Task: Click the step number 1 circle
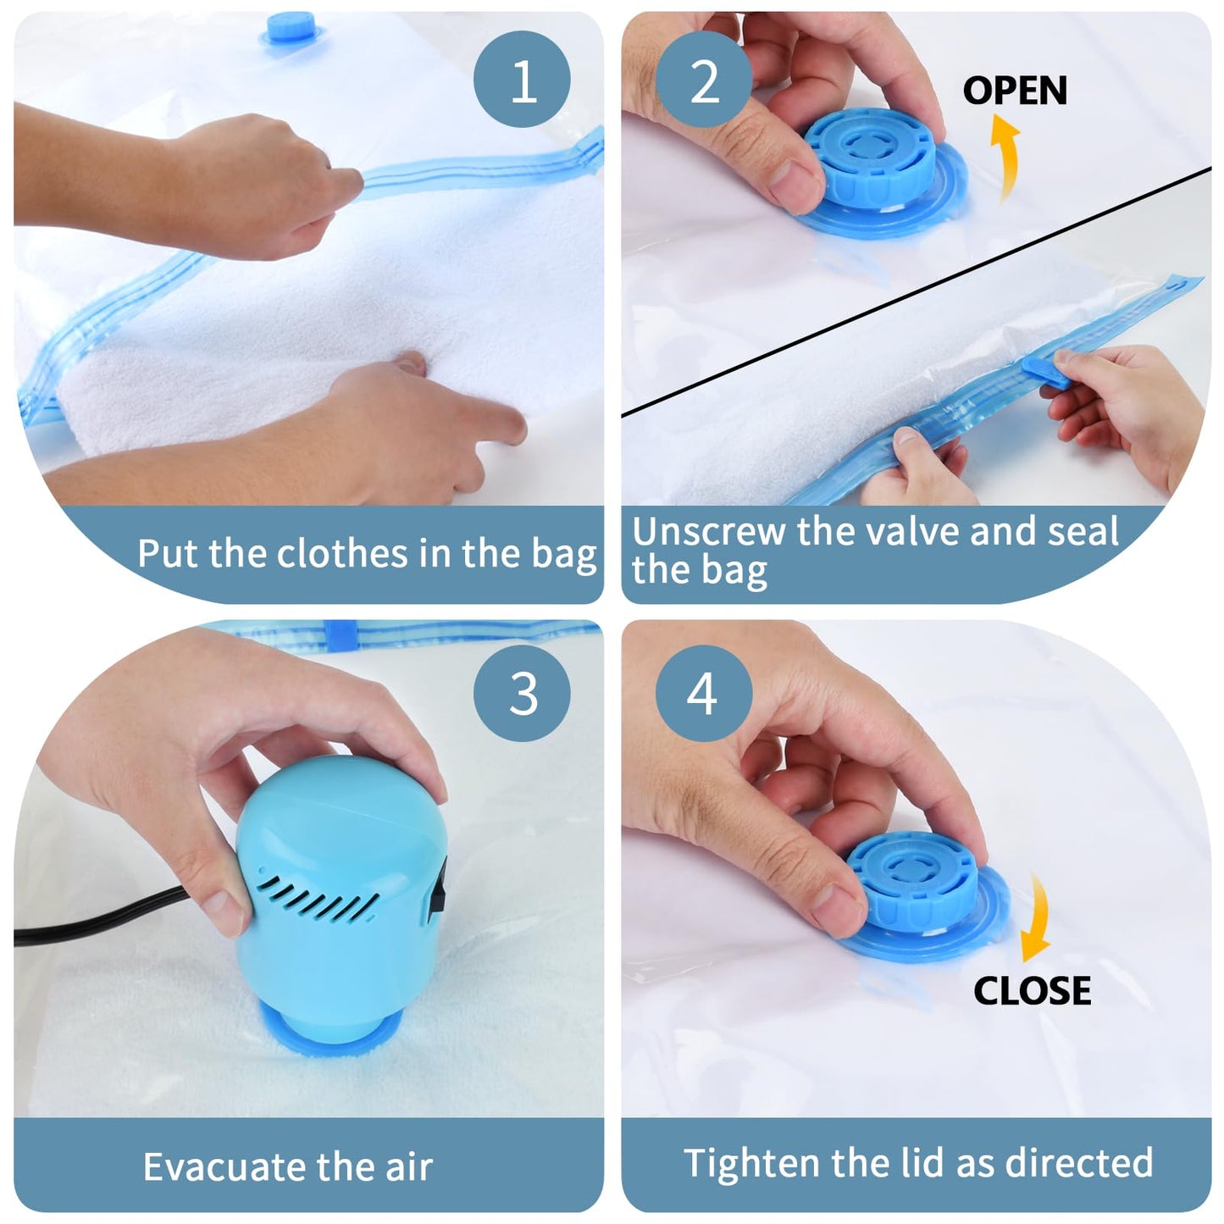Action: pos(522,80)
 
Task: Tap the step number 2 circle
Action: pos(704,80)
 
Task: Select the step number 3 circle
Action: pos(522,693)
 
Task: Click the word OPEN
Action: pos(1014,91)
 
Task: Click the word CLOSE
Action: pos(1032,990)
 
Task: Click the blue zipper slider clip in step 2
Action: pos(1043,370)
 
